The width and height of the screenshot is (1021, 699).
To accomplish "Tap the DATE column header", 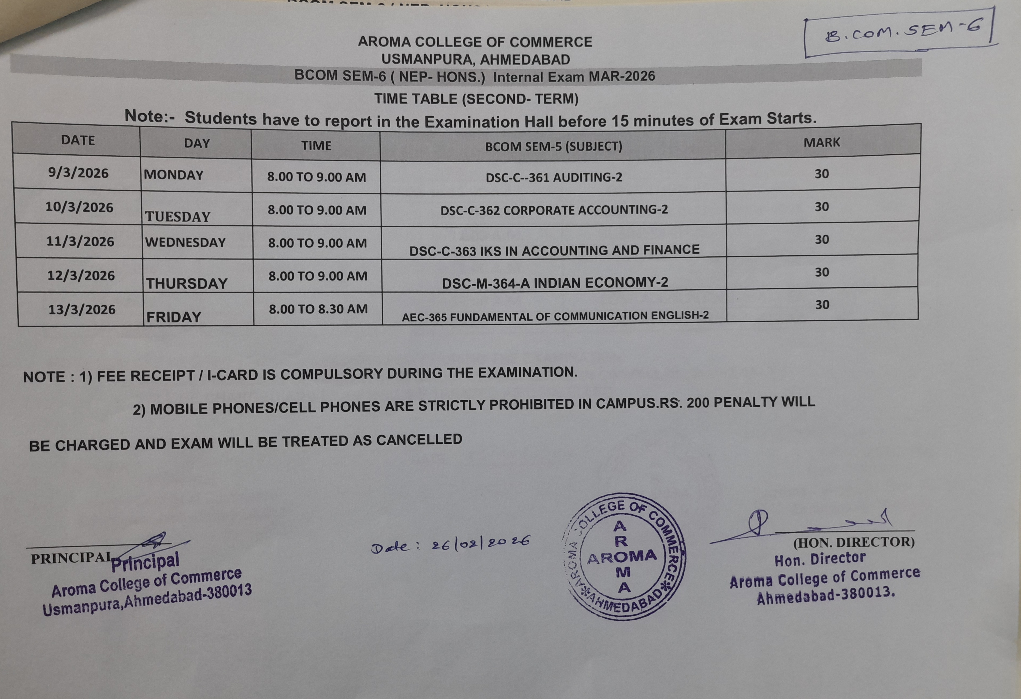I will [x=78, y=140].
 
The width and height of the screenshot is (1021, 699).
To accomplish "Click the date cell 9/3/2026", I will [x=78, y=173].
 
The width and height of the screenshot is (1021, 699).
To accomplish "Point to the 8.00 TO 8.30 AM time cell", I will [x=318, y=309].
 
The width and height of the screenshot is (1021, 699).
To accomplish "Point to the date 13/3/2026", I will [x=82, y=309].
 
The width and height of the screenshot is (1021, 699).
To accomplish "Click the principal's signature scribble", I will [x=154, y=542].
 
